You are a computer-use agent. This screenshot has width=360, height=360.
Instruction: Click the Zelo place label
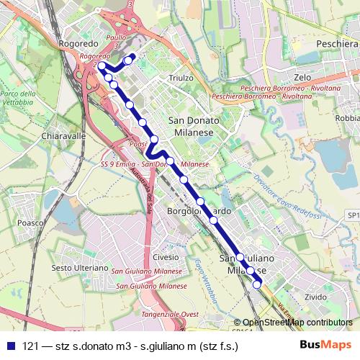302,76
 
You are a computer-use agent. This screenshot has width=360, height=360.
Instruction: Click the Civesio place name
166,256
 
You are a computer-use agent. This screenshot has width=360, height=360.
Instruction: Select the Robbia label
348,117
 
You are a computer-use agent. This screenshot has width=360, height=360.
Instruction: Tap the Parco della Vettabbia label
19,99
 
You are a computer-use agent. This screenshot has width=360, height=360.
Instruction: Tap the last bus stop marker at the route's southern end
257,284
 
